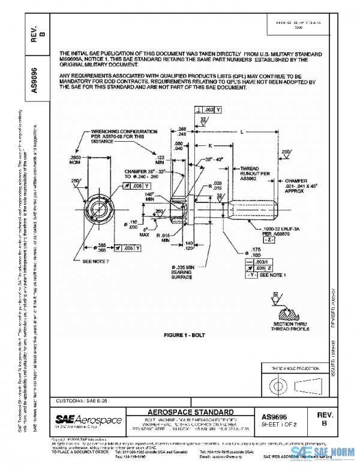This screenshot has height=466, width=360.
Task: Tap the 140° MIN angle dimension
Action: click(149, 197)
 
